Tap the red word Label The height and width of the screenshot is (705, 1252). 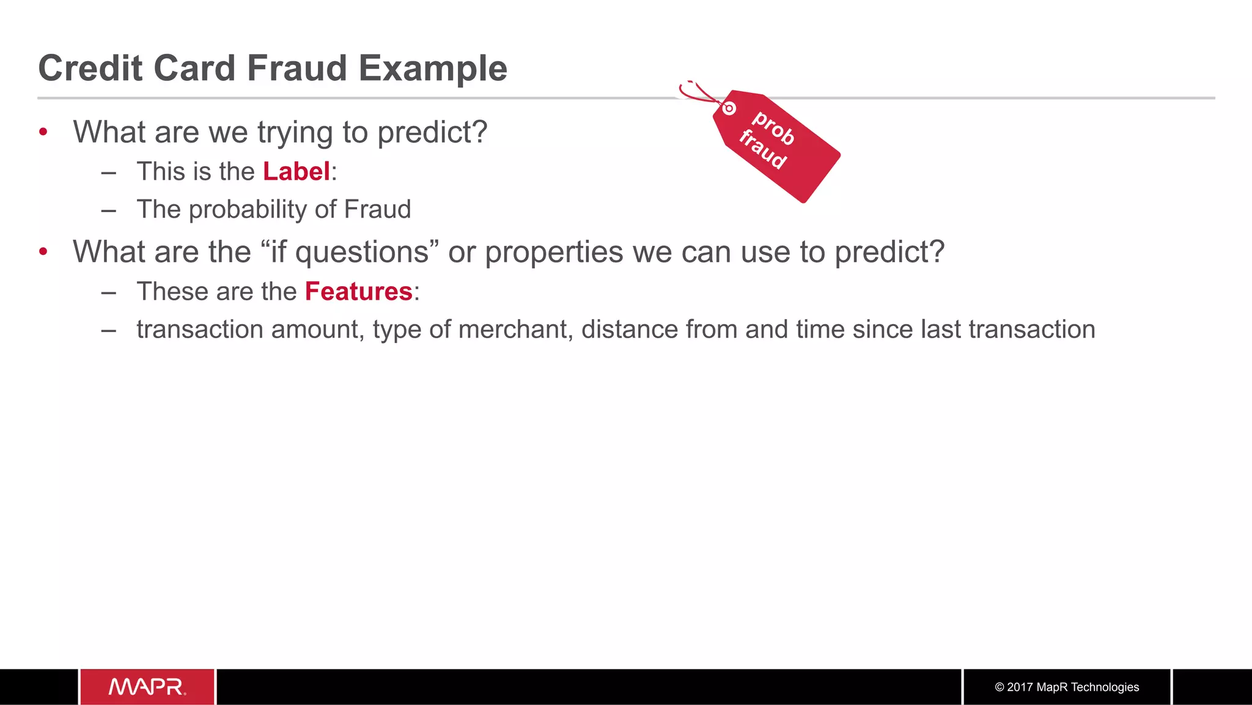(x=296, y=171)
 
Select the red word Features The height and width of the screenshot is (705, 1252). (x=358, y=291)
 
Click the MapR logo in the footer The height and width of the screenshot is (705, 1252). (x=147, y=687)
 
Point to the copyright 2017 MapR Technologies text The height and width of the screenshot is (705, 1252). (x=1067, y=687)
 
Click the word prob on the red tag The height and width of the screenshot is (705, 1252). (x=773, y=128)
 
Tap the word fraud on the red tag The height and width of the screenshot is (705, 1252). (x=762, y=149)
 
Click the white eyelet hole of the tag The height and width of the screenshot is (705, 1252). (x=729, y=109)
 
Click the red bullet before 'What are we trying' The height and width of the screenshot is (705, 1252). (x=43, y=132)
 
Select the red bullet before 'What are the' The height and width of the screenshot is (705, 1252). (x=43, y=252)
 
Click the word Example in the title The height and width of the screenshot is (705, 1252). (x=432, y=68)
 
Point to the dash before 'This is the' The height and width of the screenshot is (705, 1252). (x=109, y=172)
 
